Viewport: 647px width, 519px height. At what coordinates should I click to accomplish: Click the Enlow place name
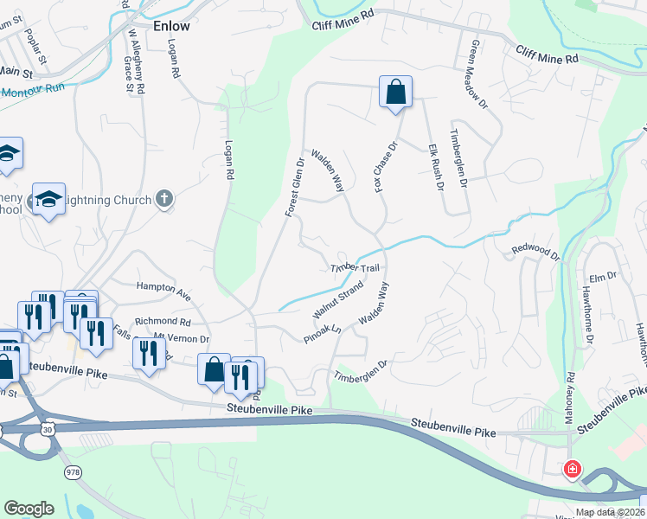[x=170, y=26]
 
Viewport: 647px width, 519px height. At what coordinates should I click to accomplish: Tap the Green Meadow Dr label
[x=477, y=74]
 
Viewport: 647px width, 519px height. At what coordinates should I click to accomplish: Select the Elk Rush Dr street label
[x=435, y=167]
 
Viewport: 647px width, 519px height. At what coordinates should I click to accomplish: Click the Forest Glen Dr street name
[x=295, y=187]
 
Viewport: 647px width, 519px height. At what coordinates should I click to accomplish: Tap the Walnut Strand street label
[x=337, y=299]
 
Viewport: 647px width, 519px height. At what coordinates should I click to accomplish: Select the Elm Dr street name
[x=602, y=277]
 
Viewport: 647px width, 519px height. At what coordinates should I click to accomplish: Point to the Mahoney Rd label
[x=571, y=393]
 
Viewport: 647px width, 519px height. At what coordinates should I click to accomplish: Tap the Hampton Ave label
[x=163, y=288]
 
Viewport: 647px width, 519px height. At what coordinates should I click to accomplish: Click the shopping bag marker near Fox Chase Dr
[x=395, y=92]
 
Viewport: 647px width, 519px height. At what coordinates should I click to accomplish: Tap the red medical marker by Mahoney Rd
[x=572, y=470]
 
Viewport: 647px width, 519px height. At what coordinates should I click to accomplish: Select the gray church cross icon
[x=164, y=200]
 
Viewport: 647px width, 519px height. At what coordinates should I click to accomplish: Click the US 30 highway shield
[x=46, y=428]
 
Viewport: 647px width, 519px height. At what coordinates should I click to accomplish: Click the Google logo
[x=29, y=509]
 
